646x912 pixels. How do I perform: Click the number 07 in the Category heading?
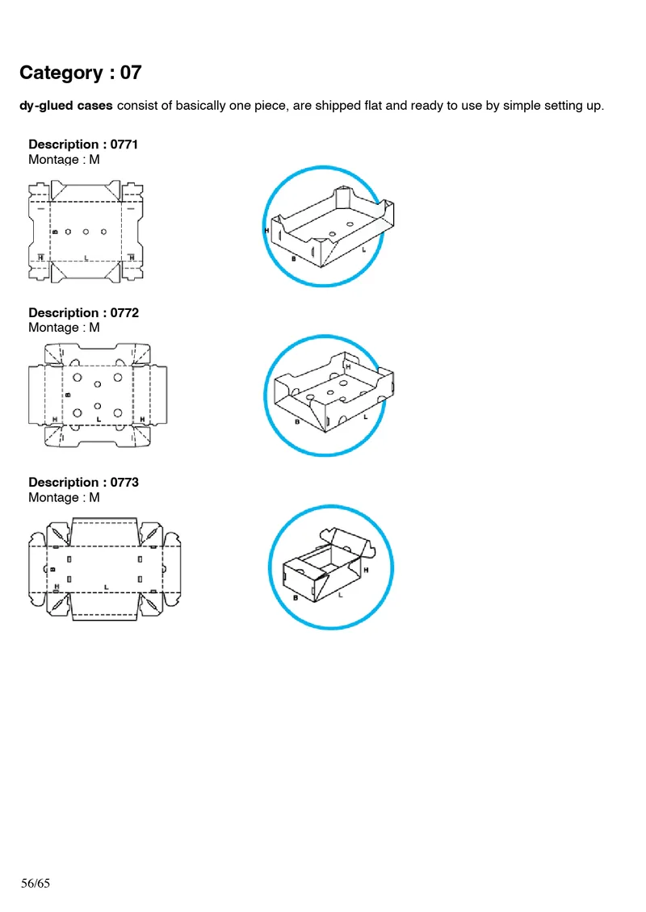point(131,73)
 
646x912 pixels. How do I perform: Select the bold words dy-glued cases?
point(66,106)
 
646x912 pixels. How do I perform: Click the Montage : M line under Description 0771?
point(64,160)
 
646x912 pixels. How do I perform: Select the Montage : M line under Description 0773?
point(64,497)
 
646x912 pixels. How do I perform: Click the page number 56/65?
point(36,883)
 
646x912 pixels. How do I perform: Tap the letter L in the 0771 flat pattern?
point(86,258)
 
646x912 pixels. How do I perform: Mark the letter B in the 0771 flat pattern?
point(54,232)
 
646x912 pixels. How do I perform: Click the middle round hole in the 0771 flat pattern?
point(86,232)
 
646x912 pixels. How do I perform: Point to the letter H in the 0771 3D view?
point(266,231)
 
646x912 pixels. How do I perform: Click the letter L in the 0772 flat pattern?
point(99,420)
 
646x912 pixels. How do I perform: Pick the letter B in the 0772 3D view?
point(297,422)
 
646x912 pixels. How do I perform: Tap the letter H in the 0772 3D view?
point(348,366)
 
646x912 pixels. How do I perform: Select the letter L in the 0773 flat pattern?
point(106,587)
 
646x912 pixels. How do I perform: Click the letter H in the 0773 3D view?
point(366,570)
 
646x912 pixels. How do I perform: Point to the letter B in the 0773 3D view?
point(296,598)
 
